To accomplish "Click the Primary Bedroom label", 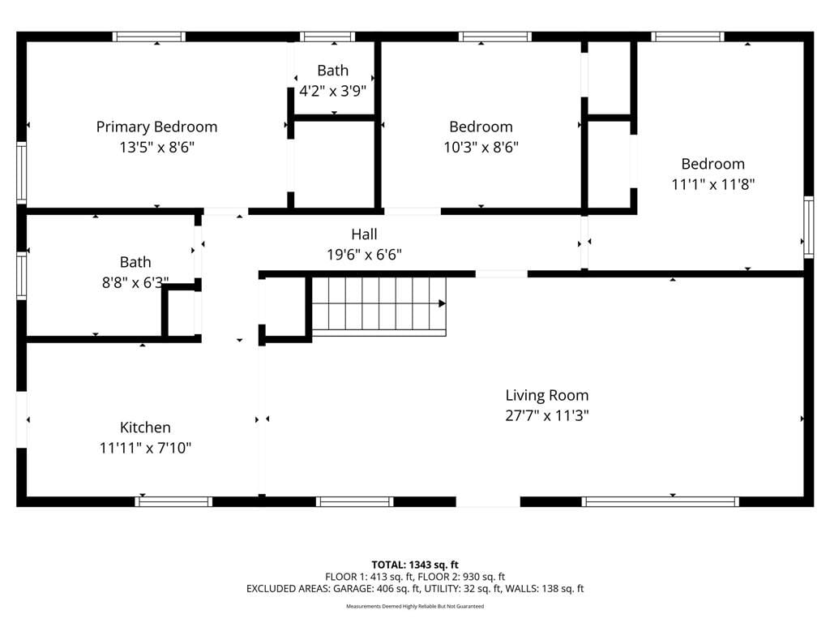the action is point(156,127).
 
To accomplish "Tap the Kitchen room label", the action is point(145,428).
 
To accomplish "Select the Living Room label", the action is point(547,396).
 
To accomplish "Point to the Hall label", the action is point(364,234).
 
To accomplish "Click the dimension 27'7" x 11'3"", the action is point(547,416).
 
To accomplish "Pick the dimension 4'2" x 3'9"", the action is point(333,91).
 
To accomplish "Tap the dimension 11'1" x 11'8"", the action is point(713,184).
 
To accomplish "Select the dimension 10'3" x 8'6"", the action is point(481,148).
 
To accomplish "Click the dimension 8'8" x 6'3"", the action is point(135,283).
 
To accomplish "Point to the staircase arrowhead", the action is point(442,303).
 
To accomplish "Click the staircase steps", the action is point(379,306).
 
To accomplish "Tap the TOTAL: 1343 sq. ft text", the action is point(415,565).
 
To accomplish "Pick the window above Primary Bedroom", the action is point(149,37).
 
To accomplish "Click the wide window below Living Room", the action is point(660,501).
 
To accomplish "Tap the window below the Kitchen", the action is point(173,501).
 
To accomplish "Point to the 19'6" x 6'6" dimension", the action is point(364,255).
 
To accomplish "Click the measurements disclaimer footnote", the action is point(415,606).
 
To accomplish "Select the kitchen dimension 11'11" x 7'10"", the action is point(145,448).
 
